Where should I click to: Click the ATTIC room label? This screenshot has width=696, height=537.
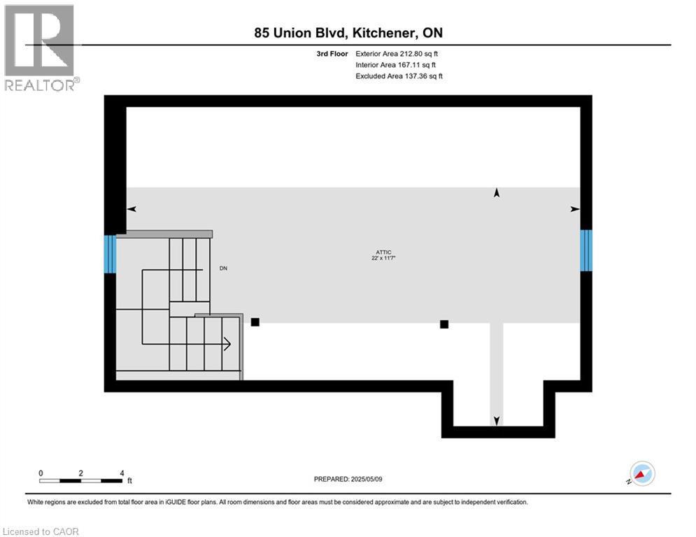382,252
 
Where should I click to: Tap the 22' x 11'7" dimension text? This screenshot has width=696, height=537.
382,259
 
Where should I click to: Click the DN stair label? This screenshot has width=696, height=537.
223,268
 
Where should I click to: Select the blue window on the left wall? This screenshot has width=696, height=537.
110,253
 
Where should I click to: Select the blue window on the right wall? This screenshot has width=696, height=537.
586,250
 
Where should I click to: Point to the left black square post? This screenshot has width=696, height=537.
255,322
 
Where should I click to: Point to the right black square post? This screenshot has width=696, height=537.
444,324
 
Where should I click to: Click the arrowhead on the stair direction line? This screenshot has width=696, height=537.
227,343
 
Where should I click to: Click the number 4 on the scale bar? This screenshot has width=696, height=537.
122,473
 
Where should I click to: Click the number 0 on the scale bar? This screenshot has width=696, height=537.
41,473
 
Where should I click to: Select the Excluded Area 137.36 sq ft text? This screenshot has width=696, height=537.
399,76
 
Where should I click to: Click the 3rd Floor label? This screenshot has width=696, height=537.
332,53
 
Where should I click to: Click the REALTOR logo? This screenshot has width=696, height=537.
41,48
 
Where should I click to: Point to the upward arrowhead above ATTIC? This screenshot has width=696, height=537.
497,193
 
